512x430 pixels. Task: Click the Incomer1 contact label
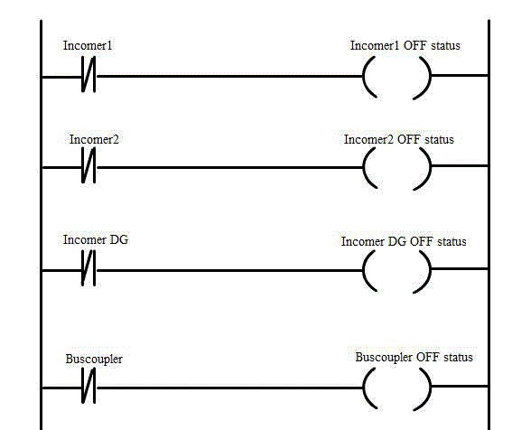(88, 45)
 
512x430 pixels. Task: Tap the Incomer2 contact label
(94, 139)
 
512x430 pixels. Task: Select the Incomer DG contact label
(96, 239)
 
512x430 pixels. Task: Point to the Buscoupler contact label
(94, 359)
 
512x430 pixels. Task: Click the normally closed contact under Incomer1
(88, 74)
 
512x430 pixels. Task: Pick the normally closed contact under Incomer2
(88, 165)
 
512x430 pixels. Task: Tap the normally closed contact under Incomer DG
(88, 268)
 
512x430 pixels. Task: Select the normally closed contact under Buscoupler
(88, 385)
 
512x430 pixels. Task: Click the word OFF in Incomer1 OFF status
(414, 45)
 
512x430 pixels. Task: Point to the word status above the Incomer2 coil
(439, 139)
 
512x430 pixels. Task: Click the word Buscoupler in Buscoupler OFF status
(384, 358)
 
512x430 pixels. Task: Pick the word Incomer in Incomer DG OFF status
(363, 241)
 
